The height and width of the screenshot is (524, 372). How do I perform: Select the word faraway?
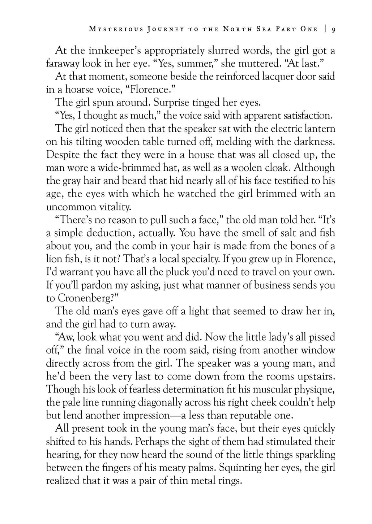(x=63, y=63)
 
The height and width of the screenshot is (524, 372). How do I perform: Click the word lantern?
(x=318, y=128)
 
